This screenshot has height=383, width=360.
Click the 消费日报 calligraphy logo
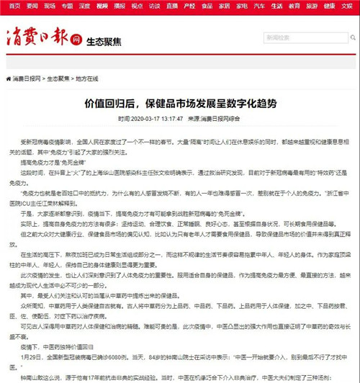36,37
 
